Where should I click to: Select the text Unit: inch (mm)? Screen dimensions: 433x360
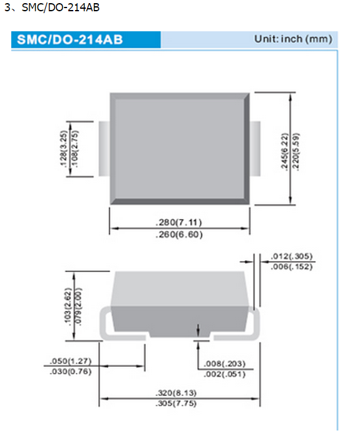(292, 39)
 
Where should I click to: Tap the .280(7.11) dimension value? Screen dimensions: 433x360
(179, 223)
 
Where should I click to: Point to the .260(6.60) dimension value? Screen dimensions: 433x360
(179, 235)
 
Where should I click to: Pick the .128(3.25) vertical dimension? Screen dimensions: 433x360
(64, 148)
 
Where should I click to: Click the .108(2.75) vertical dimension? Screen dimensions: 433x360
(76, 148)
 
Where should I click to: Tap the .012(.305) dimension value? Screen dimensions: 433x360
(292, 257)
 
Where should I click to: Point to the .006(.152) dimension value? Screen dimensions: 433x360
(292, 267)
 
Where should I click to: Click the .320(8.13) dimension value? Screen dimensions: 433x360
(179, 393)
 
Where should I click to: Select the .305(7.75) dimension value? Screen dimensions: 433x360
(179, 404)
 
